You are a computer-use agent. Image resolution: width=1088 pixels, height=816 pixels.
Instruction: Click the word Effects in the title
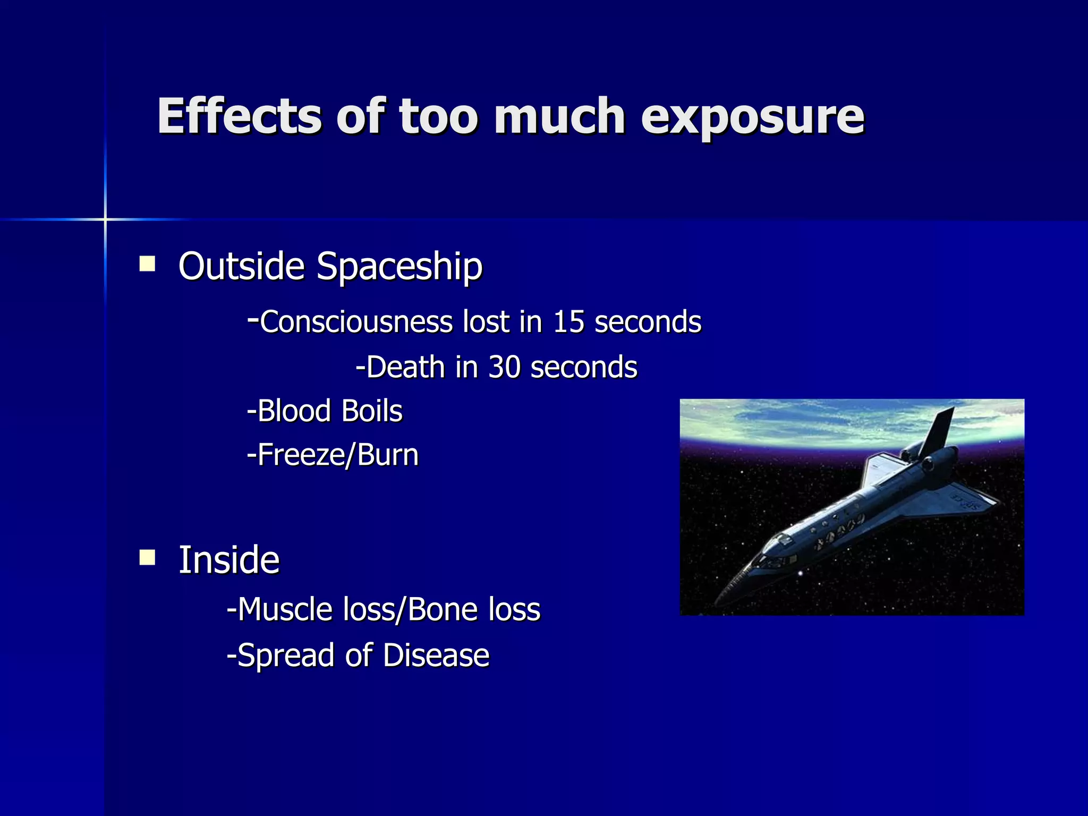[x=239, y=116]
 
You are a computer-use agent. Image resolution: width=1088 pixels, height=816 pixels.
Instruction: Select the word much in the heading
[x=559, y=116]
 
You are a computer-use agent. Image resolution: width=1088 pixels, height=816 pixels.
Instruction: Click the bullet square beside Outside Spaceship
[x=147, y=264]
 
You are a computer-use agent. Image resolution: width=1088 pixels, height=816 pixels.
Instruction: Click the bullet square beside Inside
[x=147, y=558]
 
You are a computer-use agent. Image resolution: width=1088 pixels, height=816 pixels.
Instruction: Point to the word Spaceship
[x=399, y=267]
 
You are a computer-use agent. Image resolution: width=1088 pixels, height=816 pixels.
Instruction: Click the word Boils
[x=372, y=411]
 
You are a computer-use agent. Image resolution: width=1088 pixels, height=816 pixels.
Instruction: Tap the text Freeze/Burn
[x=333, y=455]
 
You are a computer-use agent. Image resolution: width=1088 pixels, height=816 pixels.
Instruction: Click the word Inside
[x=228, y=560]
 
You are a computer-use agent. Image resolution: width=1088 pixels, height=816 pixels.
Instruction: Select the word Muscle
[x=285, y=609]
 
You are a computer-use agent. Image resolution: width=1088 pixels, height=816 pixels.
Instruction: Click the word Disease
[x=436, y=655]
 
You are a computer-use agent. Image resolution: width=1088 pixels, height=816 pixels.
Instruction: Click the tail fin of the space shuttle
[x=938, y=430]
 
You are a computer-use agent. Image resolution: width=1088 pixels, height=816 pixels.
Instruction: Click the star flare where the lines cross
[x=105, y=219]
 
